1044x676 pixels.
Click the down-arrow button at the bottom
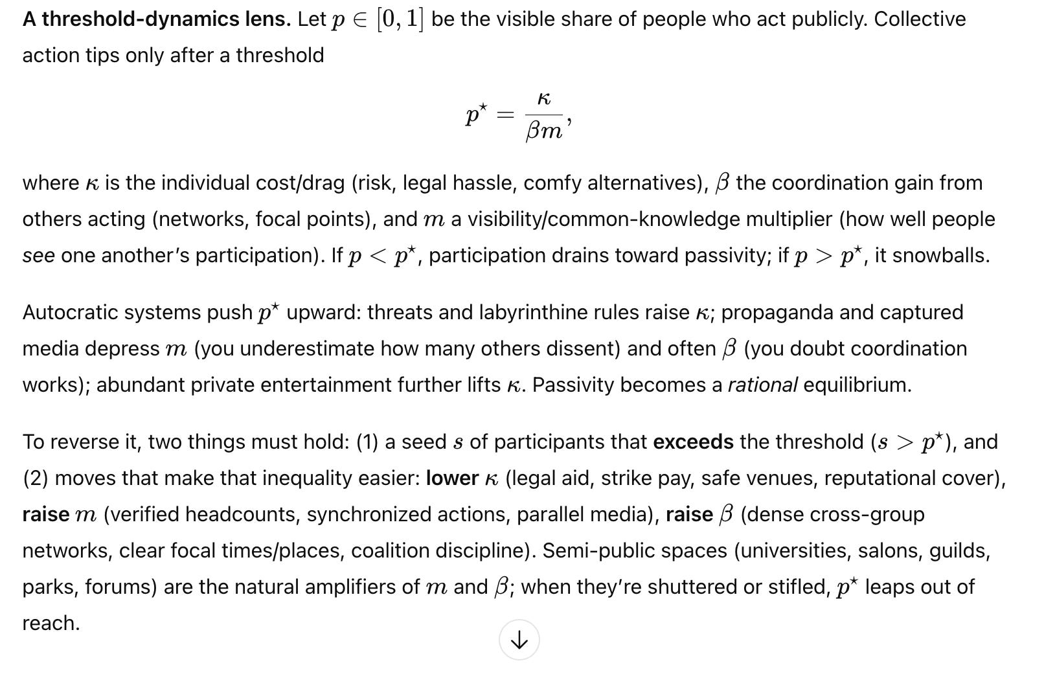coord(519,640)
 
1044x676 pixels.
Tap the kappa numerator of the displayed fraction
coord(544,98)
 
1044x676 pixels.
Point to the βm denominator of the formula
coord(544,131)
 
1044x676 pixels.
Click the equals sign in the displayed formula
coord(505,115)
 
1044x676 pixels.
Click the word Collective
coord(920,19)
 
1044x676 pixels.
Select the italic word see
coord(38,256)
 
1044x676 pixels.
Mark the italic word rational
coord(762,385)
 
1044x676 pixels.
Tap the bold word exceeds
coord(693,442)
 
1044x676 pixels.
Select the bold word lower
coord(451,479)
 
